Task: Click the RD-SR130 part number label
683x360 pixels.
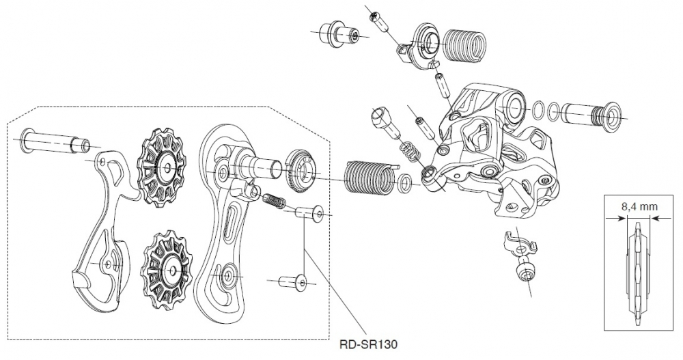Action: [368, 344]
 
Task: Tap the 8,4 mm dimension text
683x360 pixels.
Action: [639, 206]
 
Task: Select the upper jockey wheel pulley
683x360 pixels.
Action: [162, 168]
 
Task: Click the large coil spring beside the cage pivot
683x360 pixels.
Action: [370, 177]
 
